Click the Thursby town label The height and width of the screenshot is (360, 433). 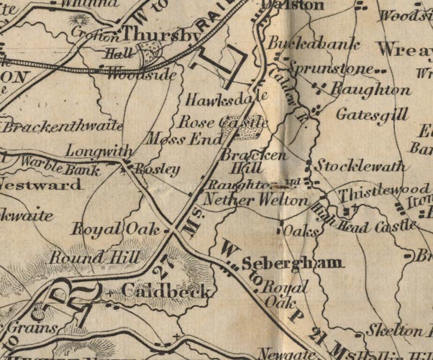[160, 35]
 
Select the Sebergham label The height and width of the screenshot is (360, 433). [291, 263]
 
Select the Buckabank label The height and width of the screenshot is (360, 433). [314, 45]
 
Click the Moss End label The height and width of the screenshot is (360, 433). [183, 138]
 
